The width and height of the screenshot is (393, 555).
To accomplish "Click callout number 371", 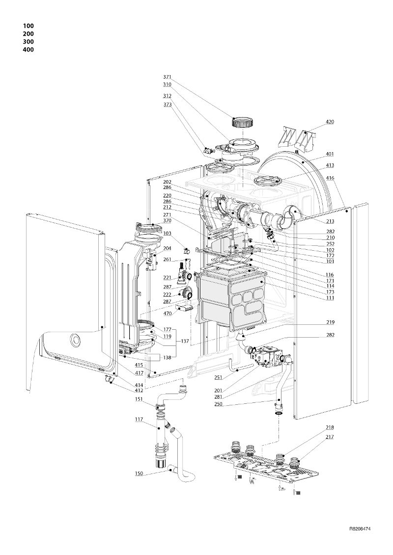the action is (x=167, y=77).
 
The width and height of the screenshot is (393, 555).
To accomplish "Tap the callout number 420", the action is (x=330, y=122).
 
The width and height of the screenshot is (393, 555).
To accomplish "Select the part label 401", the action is (x=330, y=154).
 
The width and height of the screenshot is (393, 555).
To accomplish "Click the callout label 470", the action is (x=167, y=313).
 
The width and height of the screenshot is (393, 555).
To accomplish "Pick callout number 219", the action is (x=330, y=322).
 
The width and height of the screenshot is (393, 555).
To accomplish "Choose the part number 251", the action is (x=219, y=378).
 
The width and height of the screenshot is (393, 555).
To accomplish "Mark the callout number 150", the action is (x=139, y=473).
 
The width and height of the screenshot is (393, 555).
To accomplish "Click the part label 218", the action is (x=330, y=427).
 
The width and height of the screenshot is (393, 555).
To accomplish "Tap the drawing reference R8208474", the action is (x=360, y=529).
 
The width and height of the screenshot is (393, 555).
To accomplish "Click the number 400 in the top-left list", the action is (x=28, y=50).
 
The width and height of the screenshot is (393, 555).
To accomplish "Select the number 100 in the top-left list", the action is (x=28, y=26).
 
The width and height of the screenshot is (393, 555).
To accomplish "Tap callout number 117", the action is (x=139, y=420).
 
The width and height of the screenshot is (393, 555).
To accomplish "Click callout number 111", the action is (x=330, y=298).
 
